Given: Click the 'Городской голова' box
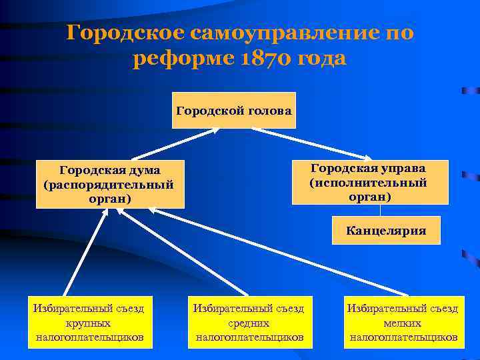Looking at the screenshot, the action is pos(233,110).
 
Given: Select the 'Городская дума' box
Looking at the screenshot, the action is pos(110,184).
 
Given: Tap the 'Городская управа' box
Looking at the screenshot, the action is pos(369,181).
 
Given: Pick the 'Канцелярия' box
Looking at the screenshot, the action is pos(386,231).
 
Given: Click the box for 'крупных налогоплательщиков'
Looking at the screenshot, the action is pos(89,323).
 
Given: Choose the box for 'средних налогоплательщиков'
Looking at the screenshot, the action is pos(249,323).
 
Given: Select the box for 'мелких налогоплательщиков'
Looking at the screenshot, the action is pos(403,323).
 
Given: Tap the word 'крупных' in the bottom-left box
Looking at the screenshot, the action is pos(89,323).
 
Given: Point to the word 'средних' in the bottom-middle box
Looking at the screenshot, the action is pos(249,323).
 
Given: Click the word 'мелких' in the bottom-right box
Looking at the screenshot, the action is pos(403,323).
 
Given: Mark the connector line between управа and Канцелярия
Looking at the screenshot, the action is pos(380,210).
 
